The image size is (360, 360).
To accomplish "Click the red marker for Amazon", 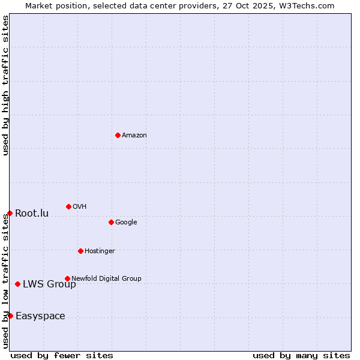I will coord(118,135).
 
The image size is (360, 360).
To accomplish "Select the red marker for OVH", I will coord(68,206).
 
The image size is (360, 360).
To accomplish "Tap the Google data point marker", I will coord(111,222).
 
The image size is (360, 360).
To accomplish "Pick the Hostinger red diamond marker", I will coord(80,251).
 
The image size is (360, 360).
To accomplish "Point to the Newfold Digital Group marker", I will coord(67,278).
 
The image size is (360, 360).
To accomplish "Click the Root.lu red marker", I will coord(10,213).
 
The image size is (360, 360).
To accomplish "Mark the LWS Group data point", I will coord(17,284).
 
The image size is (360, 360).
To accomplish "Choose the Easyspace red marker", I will coord(10,316).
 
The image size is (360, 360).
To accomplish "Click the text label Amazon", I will coord(134,136).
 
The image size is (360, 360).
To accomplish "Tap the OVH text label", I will coord(80,207).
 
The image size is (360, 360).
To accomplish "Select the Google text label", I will coord(126,223).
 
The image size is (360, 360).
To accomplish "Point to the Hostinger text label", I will coord(100,251).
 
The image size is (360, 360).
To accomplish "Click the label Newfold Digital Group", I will coord(106,278).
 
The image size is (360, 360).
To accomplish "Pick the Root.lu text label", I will coord(32,214).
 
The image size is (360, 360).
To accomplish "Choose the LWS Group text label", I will coord(49,284).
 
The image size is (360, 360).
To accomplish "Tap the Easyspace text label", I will coord(40,316).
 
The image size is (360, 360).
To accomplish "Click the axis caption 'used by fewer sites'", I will coord(62,355).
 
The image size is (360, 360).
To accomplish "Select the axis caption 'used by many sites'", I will coord(301,355).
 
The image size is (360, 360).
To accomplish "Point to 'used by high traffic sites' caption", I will coord(5,85).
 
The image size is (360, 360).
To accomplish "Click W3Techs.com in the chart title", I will coord(305,5).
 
